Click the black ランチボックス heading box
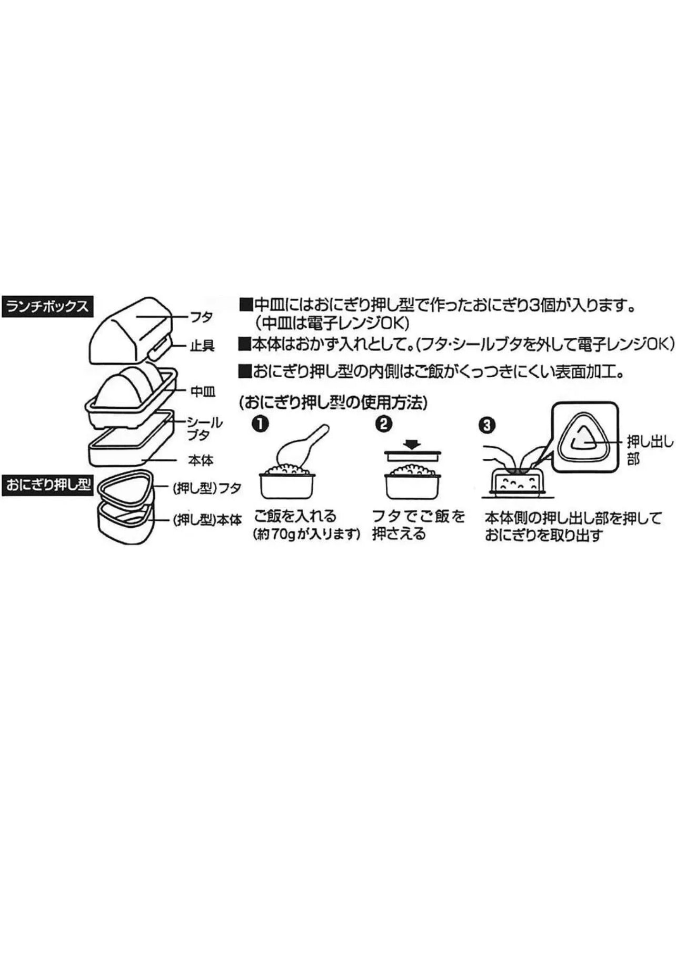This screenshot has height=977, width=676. (48, 306)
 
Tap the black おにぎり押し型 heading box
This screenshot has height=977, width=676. (48, 485)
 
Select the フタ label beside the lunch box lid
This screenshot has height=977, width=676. (201, 317)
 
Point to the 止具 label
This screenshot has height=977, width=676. (202, 346)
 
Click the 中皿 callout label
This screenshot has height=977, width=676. (203, 391)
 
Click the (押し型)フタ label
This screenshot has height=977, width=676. (207, 488)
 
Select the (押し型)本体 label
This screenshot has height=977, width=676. (207, 520)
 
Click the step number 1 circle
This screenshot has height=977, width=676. (260, 424)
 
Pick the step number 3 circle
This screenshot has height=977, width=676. (487, 425)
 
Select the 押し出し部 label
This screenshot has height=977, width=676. (650, 450)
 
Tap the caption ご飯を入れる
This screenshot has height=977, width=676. (295, 516)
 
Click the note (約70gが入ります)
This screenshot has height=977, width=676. (306, 535)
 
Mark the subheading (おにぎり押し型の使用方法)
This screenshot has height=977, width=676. (333, 404)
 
